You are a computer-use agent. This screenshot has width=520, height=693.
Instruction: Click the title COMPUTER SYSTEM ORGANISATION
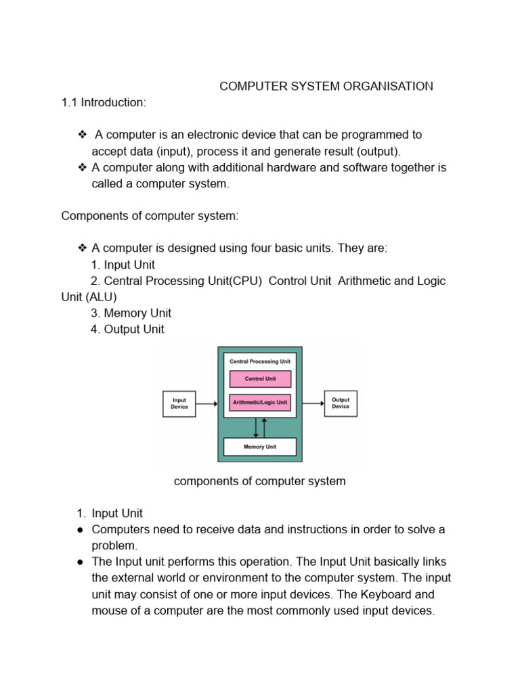coord(326,86)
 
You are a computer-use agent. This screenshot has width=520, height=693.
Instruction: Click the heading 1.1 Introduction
coord(104,102)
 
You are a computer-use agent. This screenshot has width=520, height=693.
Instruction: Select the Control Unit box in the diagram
coord(261,379)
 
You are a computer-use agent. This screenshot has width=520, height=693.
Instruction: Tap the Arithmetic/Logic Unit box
coord(261,402)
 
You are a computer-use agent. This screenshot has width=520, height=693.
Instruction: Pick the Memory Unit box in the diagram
coord(260,447)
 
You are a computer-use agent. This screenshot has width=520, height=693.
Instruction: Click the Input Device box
coord(179,403)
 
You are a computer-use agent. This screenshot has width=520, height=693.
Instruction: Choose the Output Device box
coord(341,403)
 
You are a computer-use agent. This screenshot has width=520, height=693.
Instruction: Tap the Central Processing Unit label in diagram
coord(260,361)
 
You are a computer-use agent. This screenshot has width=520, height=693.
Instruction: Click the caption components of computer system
coord(260,481)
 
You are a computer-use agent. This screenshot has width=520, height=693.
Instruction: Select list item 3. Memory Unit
coord(131,313)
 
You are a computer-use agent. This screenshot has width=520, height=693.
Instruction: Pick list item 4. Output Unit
coord(127,330)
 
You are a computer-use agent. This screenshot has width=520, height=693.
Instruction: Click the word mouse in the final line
coord(108,611)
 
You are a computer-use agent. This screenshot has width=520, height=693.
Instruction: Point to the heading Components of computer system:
coord(150,216)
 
